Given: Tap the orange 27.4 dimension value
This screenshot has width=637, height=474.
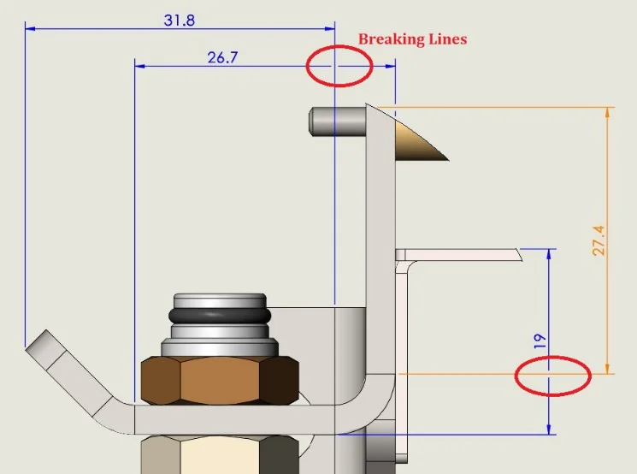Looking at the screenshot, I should tap(598, 240).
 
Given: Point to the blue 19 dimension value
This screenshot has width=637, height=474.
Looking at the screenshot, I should tap(540, 341).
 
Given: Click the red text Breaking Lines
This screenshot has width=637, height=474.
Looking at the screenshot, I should tap(412, 39).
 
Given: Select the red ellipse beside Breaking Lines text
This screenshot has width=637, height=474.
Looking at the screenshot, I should tap(339, 65).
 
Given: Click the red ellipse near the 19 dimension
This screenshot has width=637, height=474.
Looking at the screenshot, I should tap(552, 375).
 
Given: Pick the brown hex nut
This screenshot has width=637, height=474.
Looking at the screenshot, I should tap(220, 378).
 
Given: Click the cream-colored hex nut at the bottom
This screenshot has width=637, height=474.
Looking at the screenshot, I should tap(220, 453).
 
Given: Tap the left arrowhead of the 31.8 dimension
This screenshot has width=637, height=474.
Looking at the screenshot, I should tap(30, 28).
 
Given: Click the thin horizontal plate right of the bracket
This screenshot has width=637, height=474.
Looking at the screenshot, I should tap(462, 254).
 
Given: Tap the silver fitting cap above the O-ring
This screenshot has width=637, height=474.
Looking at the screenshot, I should tap(221, 300).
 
